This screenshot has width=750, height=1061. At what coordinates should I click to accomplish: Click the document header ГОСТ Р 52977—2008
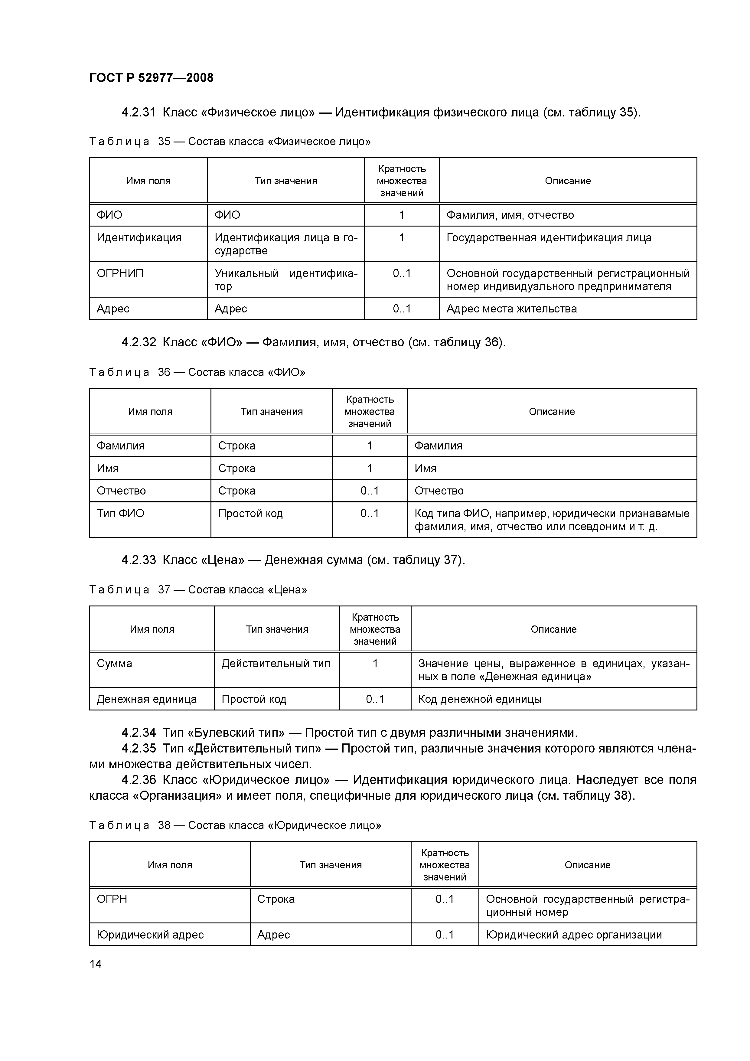pyautogui.click(x=151, y=78)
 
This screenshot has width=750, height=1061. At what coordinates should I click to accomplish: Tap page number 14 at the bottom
pyautogui.click(x=96, y=964)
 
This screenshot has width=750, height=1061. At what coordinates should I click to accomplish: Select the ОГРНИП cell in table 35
pyautogui.click(x=120, y=274)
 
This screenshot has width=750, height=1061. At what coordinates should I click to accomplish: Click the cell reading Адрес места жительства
pyautogui.click(x=512, y=309)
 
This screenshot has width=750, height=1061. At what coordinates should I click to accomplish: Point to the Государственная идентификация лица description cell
pyautogui.click(x=549, y=238)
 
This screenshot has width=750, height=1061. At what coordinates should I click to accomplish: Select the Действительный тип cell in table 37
pyautogui.click(x=276, y=664)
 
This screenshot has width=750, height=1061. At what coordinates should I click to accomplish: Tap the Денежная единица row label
pyautogui.click(x=146, y=699)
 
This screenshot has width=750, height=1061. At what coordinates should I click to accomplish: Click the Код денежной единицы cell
pyautogui.click(x=480, y=699)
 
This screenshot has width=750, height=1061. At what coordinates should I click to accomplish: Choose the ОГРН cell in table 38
pyautogui.click(x=112, y=899)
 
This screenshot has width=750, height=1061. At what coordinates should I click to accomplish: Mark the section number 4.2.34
pyautogui.click(x=139, y=733)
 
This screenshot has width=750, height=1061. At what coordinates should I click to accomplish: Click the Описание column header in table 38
pyautogui.click(x=587, y=865)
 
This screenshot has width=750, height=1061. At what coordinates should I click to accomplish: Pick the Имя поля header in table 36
pyautogui.click(x=150, y=411)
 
